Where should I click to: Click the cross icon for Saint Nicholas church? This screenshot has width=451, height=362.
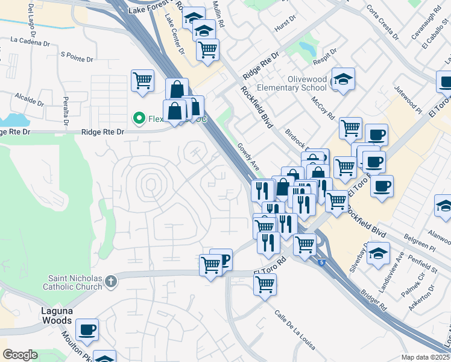(110, 281)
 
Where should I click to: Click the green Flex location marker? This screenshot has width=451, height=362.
(139, 118)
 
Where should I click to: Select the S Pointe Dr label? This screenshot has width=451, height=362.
(77, 59)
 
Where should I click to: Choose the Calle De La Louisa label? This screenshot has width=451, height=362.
(295, 330)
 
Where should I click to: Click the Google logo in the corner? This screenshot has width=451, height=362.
(20, 355)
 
